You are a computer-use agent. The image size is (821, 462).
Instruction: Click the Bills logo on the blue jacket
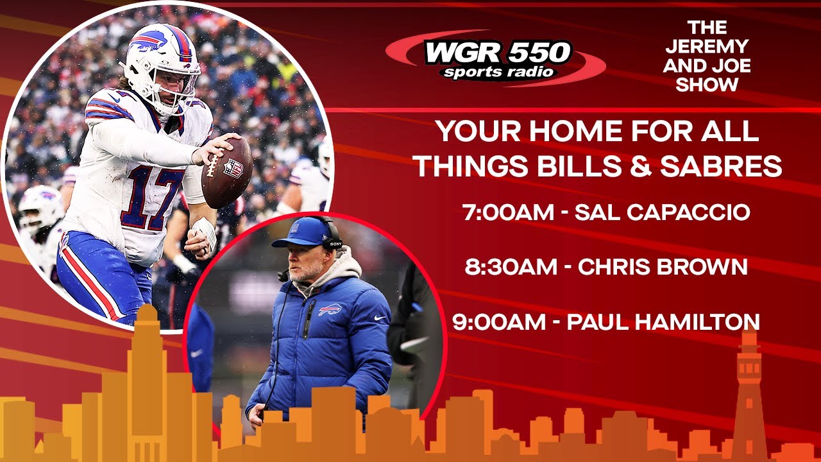pos(330,309)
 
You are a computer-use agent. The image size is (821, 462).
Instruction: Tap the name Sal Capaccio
pos(662,213)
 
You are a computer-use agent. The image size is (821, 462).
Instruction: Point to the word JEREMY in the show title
pos(707,47)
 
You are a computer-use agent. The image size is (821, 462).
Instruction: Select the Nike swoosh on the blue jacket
pos(380,317)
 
